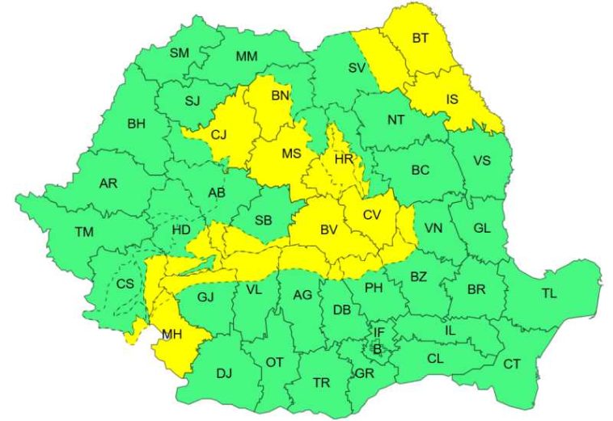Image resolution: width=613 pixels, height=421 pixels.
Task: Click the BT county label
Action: [421, 37]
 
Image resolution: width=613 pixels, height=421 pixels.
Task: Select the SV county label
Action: [357, 68]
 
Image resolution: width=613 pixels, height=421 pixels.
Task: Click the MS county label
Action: [291, 153]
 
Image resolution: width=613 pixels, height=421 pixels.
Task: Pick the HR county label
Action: [344, 161]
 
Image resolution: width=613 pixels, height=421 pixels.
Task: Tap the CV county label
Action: [371, 214]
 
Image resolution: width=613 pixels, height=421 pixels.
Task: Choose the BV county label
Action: [328, 230]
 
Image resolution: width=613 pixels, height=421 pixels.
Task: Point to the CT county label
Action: [512, 364]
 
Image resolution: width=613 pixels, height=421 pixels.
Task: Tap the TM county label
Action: [84, 232]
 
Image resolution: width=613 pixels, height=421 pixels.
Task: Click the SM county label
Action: [179, 53]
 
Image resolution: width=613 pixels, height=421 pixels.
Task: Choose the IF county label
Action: [378, 332]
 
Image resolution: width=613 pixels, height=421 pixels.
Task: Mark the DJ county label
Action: [224, 373]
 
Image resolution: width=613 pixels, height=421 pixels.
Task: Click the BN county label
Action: [280, 96]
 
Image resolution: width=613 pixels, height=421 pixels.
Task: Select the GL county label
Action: [481, 228]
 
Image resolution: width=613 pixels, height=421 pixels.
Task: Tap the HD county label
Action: [181, 231]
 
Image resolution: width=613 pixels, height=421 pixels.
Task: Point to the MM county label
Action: [247, 56]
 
